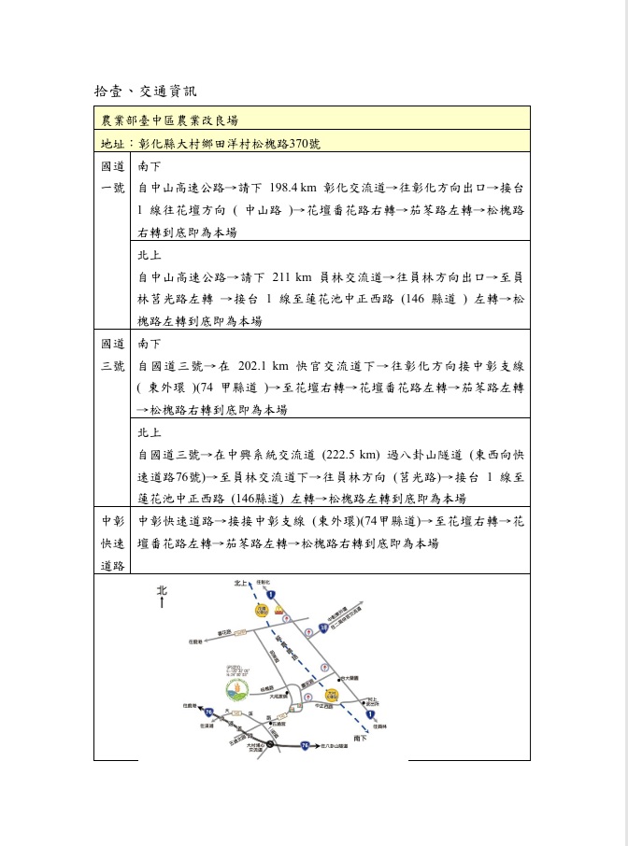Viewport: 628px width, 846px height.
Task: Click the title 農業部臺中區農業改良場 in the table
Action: tap(170, 120)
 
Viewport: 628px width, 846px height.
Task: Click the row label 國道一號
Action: tap(113, 177)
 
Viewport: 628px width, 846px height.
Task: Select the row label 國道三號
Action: tap(113, 355)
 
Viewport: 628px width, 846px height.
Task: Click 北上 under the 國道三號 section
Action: tap(149, 432)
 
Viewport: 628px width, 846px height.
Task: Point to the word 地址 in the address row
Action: tap(112, 145)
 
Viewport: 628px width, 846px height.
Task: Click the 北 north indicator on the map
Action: tap(162, 590)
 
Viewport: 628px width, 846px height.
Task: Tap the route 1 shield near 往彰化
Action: tap(270, 594)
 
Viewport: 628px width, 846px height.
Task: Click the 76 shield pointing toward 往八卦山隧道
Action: tap(305, 746)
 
